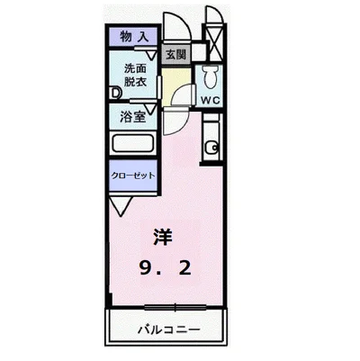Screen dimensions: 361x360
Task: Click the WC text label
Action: (210, 99)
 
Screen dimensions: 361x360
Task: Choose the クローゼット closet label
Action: (131, 176)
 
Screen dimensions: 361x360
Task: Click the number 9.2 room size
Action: (165, 269)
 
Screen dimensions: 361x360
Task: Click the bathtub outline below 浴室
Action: (132, 145)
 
